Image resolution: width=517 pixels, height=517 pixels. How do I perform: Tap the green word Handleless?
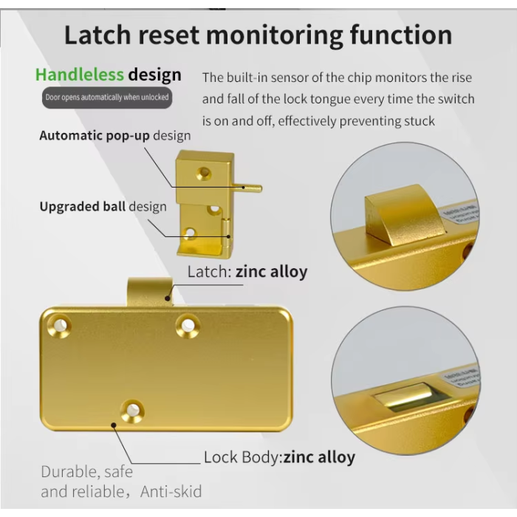pos(79,74)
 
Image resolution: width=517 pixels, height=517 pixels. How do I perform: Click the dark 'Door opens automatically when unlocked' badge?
pos(107,97)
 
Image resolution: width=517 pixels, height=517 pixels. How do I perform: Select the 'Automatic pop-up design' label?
pos(114,136)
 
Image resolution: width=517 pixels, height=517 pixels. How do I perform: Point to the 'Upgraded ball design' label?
pos(103,207)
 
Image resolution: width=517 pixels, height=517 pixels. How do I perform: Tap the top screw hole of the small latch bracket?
pos(204,174)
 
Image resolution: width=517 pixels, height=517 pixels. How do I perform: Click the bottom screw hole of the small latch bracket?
pos(191,234)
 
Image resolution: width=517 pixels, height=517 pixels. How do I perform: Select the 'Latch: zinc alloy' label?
pos(247,272)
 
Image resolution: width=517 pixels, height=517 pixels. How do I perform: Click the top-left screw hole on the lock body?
pos(58,324)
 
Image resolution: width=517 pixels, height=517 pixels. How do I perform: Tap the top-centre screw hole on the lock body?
pos(187,324)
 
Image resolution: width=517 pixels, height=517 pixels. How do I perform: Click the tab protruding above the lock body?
pos(150,291)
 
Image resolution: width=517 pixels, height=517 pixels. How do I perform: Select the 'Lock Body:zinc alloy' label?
pos(279,457)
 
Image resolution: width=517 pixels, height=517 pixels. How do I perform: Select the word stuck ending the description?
pos(419,120)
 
